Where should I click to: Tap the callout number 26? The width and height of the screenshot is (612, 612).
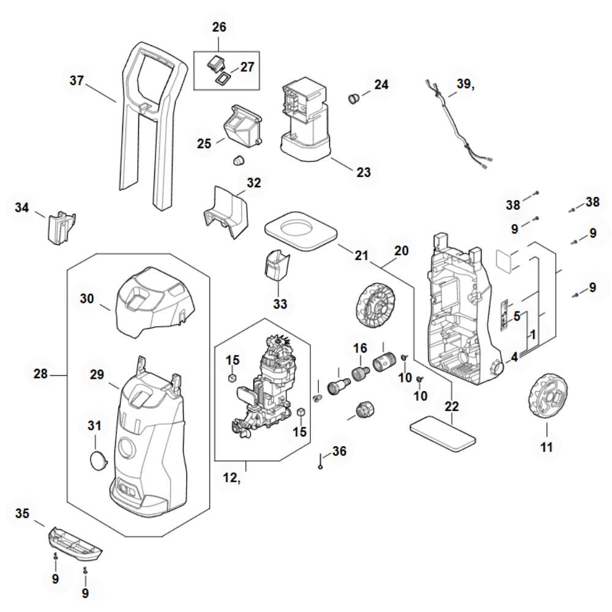point(218,27)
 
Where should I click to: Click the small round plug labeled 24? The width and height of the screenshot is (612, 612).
point(353,97)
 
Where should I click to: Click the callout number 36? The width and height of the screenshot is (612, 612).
point(339,451)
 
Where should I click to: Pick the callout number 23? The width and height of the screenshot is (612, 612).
point(364,172)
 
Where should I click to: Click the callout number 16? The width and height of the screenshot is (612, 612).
point(359,348)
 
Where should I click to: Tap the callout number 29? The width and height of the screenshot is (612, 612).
point(97,375)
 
